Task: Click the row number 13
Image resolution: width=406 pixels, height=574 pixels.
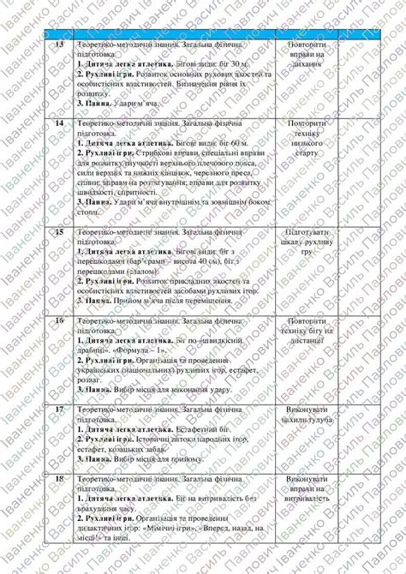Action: click(x=59, y=44)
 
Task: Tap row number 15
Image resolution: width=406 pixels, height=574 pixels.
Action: click(x=59, y=232)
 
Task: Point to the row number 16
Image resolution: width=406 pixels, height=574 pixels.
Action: click(x=59, y=320)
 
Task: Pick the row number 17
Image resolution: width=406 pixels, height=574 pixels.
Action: click(x=59, y=410)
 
